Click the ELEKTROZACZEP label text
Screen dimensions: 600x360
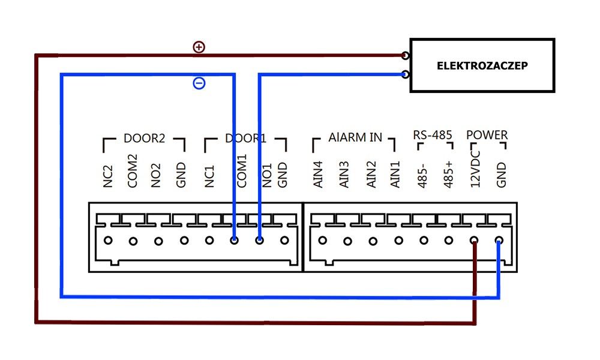tap(482, 65)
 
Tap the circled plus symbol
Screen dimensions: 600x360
tap(199, 47)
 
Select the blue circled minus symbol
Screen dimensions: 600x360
tap(199, 83)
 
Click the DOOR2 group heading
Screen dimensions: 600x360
tap(144, 138)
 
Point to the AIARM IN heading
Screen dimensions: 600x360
tap(355, 137)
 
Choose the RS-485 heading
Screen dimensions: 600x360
tap(433, 135)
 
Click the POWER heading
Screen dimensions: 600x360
tap(487, 135)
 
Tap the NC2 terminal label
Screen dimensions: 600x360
tap(108, 176)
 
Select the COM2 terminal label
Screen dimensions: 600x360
tap(133, 171)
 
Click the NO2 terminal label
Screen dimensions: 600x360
tap(156, 176)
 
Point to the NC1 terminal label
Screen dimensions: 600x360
tap(209, 176)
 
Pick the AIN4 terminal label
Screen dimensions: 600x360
tap(318, 175)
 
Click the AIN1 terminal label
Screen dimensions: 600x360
tap(395, 175)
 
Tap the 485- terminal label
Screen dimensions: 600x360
tap(422, 176)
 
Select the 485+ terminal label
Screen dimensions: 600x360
tap(448, 175)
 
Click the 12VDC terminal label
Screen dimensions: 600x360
tap(475, 169)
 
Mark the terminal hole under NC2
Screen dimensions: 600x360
tap(108, 240)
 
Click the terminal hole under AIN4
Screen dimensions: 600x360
tap(323, 240)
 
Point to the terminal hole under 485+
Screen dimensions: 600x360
tap(449, 240)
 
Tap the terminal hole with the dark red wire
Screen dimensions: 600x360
tap(474, 240)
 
